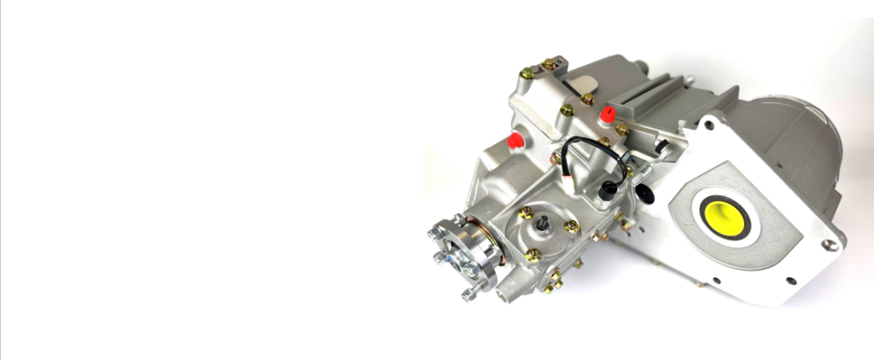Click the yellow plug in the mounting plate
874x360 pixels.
[x=724, y=218]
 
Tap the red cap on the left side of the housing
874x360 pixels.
[x=516, y=141]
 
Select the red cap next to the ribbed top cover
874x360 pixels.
[x=608, y=114]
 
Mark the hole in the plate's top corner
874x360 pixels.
[x=708, y=125]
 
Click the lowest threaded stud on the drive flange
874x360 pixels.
[x=469, y=294]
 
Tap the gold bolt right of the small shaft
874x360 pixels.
[x=570, y=226]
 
